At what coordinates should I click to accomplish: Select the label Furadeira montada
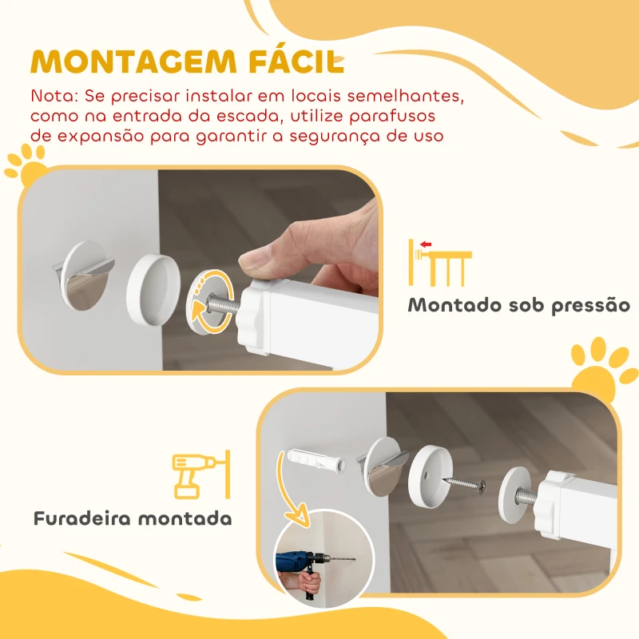click(133, 518)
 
